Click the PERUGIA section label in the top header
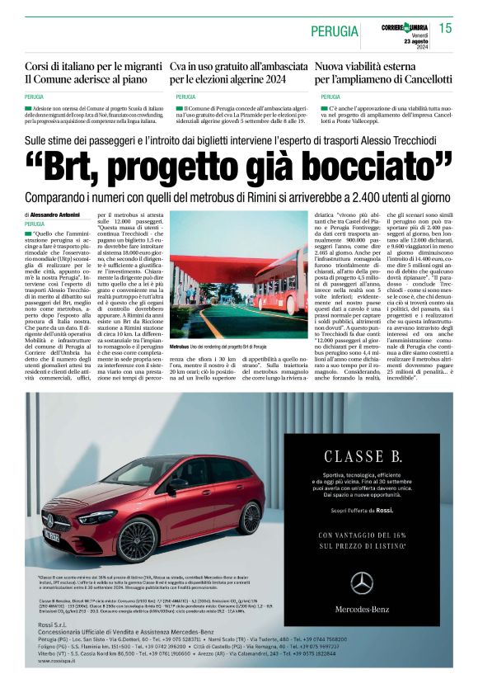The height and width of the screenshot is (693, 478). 335,31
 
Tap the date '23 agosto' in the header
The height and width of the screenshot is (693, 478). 417,41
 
